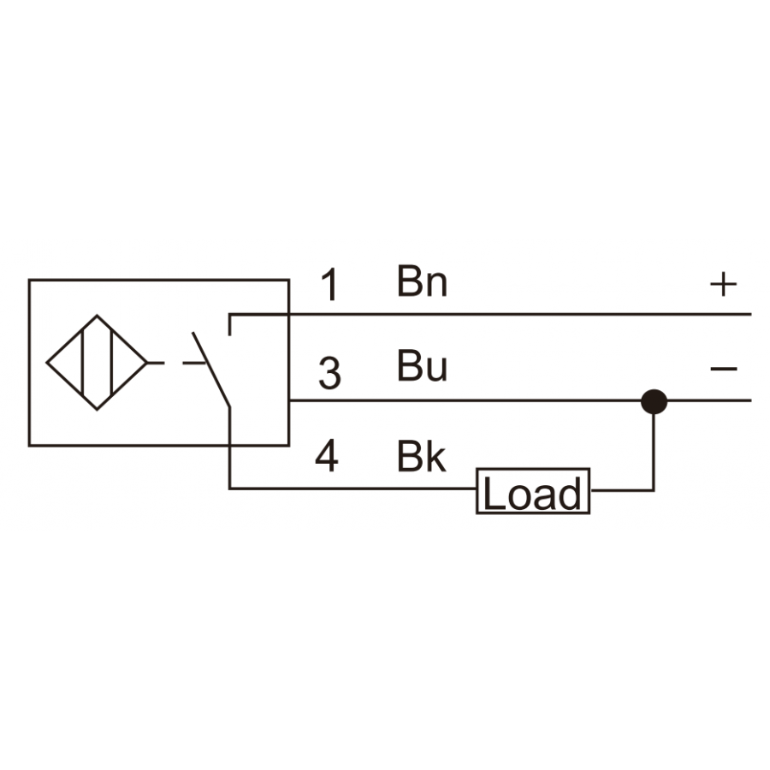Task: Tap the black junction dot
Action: click(654, 402)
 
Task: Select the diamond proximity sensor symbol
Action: click(97, 363)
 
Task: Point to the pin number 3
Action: click(329, 373)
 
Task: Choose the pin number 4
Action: click(327, 456)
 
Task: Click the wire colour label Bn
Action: click(423, 281)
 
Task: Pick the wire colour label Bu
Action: click(423, 365)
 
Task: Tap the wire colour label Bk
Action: click(421, 457)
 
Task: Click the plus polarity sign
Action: click(723, 284)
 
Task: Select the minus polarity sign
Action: click(724, 368)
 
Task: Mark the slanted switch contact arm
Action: click(211, 370)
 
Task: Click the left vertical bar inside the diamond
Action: click(82, 363)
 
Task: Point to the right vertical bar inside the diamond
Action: click(112, 363)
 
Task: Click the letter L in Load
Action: click(494, 493)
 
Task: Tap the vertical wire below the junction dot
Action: click(654, 452)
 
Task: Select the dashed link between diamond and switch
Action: click(175, 363)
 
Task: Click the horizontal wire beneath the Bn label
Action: click(490, 314)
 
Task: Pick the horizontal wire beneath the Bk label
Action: click(352, 489)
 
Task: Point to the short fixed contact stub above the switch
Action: click(229, 324)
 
